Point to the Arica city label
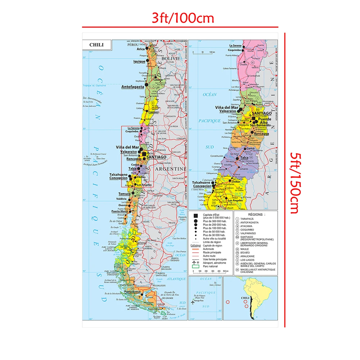point(141,49)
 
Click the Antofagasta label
point(132,87)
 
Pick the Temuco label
point(124,194)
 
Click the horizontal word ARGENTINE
point(170,169)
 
